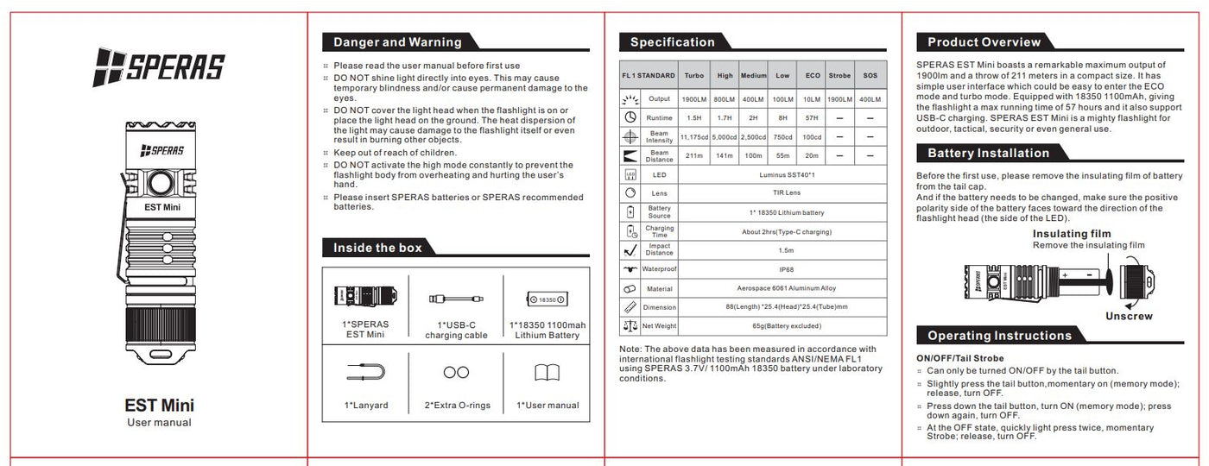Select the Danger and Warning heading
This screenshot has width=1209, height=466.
[397, 42]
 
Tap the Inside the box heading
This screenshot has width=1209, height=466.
[377, 248]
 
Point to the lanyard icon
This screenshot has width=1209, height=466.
[365, 373]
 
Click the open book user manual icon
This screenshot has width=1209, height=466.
[547, 373]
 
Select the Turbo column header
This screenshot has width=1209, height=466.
[693, 76]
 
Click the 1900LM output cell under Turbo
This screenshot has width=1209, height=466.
[693, 99]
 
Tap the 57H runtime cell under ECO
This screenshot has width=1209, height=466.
[813, 117]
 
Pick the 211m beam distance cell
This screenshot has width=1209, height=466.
[693, 156]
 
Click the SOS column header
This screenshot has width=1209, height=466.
[870, 76]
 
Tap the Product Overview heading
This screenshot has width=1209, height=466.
[984, 42]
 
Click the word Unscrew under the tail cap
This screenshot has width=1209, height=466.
[1129, 316]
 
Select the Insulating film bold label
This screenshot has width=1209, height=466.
[1072, 234]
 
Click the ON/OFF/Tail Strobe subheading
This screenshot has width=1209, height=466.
[959, 358]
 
